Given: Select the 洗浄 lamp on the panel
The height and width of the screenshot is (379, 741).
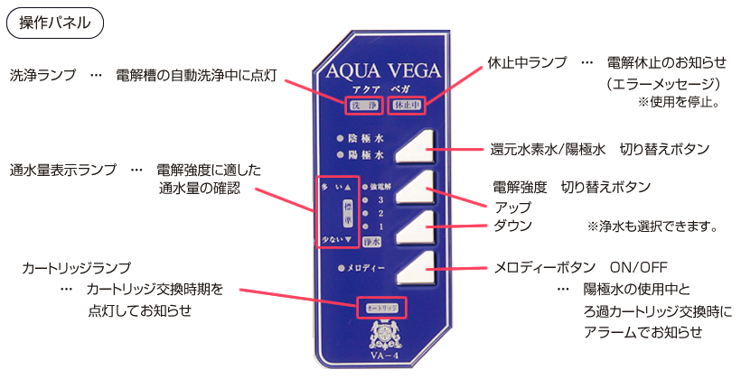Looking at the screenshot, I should tap(361, 106).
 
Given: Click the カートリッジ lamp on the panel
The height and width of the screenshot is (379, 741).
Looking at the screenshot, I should tap(381, 308).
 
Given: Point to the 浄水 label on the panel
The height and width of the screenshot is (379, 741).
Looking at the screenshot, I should tap(370, 242).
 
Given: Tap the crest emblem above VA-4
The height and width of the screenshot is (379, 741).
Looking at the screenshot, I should tap(380, 339).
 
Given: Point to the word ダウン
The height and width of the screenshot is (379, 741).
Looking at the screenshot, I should tap(512, 226).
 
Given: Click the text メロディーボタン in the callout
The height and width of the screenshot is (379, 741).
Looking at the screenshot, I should tap(545, 268).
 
